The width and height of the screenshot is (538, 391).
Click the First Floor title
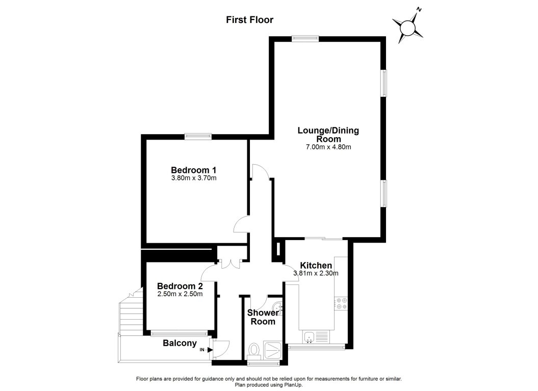(250, 20)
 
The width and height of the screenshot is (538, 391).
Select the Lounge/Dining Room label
(328, 135)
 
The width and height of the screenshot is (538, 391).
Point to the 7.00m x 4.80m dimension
(328, 147)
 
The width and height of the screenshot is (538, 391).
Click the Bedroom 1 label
(194, 170)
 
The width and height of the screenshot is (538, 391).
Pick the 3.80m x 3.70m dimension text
(194, 178)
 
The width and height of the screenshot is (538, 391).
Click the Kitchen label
(316, 266)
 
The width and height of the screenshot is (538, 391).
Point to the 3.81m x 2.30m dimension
(316, 274)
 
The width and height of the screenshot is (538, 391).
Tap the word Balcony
(180, 343)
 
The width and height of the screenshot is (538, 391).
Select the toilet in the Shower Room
(254, 350)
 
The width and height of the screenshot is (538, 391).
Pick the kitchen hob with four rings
(341, 304)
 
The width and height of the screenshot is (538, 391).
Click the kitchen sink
(309, 336)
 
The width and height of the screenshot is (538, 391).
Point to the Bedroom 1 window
(198, 136)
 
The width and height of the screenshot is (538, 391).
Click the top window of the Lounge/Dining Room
(305, 37)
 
